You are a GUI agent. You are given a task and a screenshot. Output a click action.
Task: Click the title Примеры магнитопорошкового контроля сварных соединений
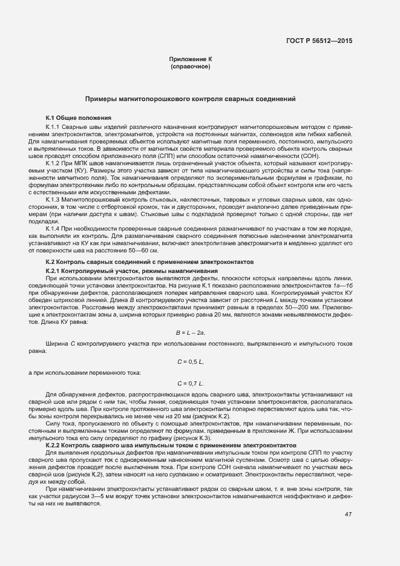pos(190,98)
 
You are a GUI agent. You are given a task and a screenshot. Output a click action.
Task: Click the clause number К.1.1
pos(54,127)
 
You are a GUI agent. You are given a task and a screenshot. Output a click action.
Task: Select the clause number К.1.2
pos(54,164)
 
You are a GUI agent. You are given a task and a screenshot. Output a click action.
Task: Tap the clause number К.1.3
pos(54,199)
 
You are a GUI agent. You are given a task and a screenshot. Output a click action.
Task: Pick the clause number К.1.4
pos(54,228)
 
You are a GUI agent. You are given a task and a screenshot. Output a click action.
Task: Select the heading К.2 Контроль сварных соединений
pos(149,262)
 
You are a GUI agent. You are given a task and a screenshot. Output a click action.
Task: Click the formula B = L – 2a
pos(190,332)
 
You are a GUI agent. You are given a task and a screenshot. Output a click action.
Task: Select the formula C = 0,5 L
pos(190,361)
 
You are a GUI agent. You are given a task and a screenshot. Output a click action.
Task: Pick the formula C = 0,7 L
pos(190,383)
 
